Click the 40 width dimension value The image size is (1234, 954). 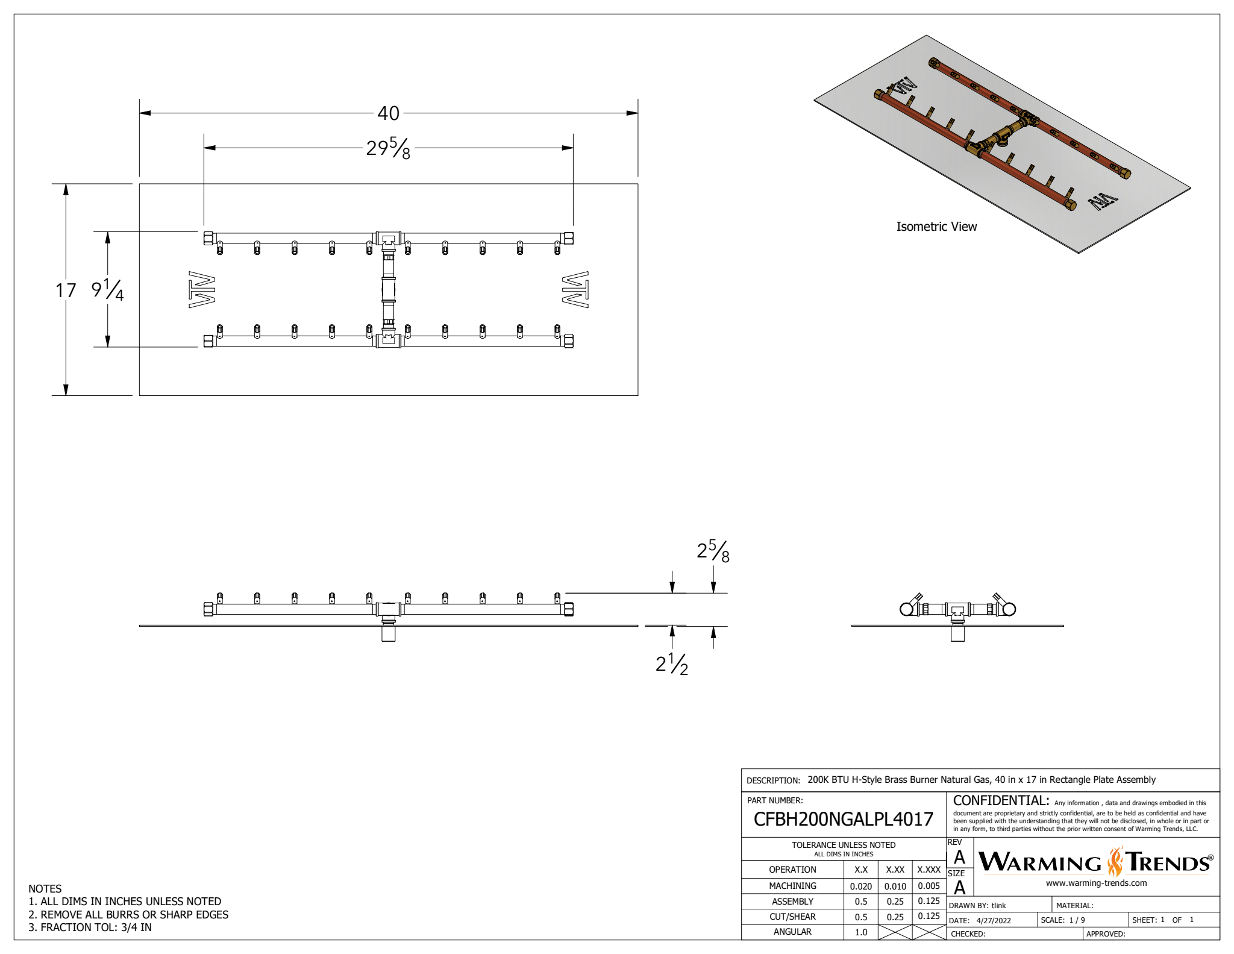coord(388,113)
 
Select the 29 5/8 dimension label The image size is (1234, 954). coord(388,148)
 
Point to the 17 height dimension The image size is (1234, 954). coord(66,290)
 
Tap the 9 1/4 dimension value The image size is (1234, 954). coord(107,290)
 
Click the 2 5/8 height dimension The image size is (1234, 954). coord(713,551)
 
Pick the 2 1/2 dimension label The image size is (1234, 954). coord(672,664)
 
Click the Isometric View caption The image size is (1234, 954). coord(936,227)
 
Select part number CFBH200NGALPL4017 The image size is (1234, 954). coord(843,819)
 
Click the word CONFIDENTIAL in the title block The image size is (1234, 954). coord(1001,801)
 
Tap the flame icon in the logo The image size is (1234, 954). coord(1115,862)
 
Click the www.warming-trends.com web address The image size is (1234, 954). coord(1096,883)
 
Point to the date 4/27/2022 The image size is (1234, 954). coord(994,920)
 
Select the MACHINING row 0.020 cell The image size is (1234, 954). coord(860,887)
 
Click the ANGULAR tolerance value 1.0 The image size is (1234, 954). coord(860,932)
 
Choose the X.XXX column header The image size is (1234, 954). coord(929,870)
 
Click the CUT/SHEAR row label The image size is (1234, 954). coord(792,917)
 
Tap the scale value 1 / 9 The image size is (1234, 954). coord(1077,920)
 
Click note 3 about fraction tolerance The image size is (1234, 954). coord(90,927)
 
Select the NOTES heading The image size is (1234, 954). coord(45,889)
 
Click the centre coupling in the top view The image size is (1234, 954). coord(388,290)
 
